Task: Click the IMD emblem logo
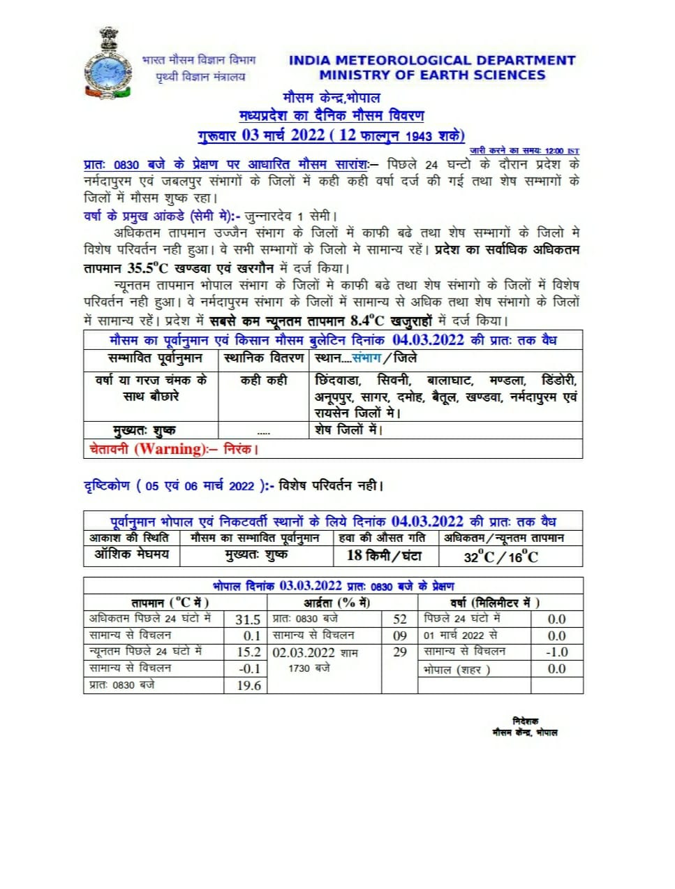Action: pyautogui.click(x=107, y=64)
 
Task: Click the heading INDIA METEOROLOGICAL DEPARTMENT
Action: pyautogui.click(x=432, y=61)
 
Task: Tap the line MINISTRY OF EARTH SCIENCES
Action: pyautogui.click(x=432, y=75)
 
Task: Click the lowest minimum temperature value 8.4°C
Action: pyautogui.click(x=367, y=321)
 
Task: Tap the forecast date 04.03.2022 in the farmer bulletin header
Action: pyautogui.click(x=428, y=340)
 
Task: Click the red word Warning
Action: pyautogui.click(x=171, y=449)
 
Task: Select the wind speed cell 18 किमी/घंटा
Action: pyautogui.click(x=385, y=556)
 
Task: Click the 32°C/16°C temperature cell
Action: pyautogui.click(x=501, y=557)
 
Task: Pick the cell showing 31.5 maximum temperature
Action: pyautogui.click(x=248, y=619)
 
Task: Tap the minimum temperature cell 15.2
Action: pyautogui.click(x=249, y=652)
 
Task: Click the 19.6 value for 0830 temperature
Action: pyautogui.click(x=249, y=686)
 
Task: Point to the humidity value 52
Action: pyautogui.click(x=400, y=619)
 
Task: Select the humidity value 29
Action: pyautogui.click(x=400, y=652)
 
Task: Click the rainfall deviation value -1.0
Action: pyautogui.click(x=556, y=652)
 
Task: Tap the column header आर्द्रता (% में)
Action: pyautogui.click(x=336, y=603)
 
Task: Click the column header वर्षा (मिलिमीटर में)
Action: pyautogui.click(x=494, y=603)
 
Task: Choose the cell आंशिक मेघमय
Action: pyautogui.click(x=132, y=554)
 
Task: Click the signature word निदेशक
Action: pyautogui.click(x=525, y=721)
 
